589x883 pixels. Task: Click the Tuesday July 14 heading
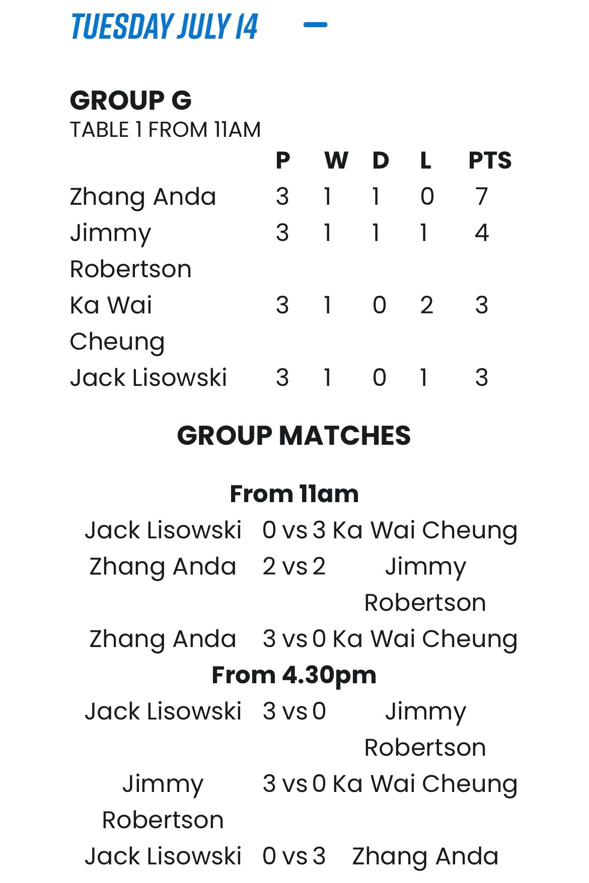(x=165, y=27)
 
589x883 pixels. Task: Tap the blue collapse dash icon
(x=316, y=24)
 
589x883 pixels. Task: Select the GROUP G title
(x=131, y=100)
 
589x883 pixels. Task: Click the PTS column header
(x=490, y=160)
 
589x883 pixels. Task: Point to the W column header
(x=336, y=160)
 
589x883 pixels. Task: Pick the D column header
(x=381, y=160)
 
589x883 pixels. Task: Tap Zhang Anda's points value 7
(x=482, y=196)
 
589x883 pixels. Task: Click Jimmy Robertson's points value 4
(x=482, y=232)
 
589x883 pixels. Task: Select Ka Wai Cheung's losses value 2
(x=426, y=305)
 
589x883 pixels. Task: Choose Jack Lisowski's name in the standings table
(x=149, y=377)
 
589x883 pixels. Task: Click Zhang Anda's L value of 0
(x=427, y=196)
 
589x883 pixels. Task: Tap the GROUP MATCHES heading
(x=294, y=435)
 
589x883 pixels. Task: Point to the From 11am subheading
(x=294, y=494)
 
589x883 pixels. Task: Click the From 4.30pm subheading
(x=294, y=675)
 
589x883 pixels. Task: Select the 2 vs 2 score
(x=294, y=567)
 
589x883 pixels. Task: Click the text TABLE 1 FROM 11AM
(x=165, y=130)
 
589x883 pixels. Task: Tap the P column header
(x=283, y=160)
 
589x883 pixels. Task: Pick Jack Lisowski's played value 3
(x=282, y=377)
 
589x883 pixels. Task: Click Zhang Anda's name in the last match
(x=425, y=856)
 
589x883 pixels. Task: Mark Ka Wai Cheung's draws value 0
(x=380, y=305)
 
